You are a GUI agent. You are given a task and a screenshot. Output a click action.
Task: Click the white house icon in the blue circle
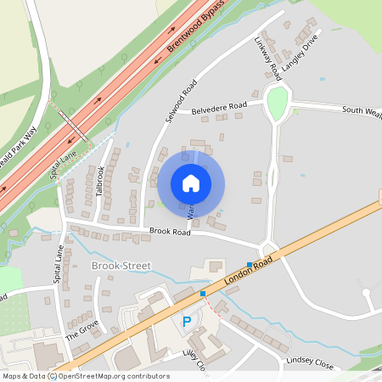tap(191, 183)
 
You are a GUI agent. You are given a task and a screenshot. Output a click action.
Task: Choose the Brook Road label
tap(149, 231)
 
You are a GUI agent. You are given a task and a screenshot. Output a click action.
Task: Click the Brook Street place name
tap(120, 266)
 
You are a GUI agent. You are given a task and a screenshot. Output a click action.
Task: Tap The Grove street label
tap(82, 329)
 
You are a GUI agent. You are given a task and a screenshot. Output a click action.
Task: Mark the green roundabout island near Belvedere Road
tap(277, 103)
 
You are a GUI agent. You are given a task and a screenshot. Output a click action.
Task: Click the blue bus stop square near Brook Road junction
tap(250, 266)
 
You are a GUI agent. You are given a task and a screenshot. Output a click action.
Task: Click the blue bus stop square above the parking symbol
tap(203, 294)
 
